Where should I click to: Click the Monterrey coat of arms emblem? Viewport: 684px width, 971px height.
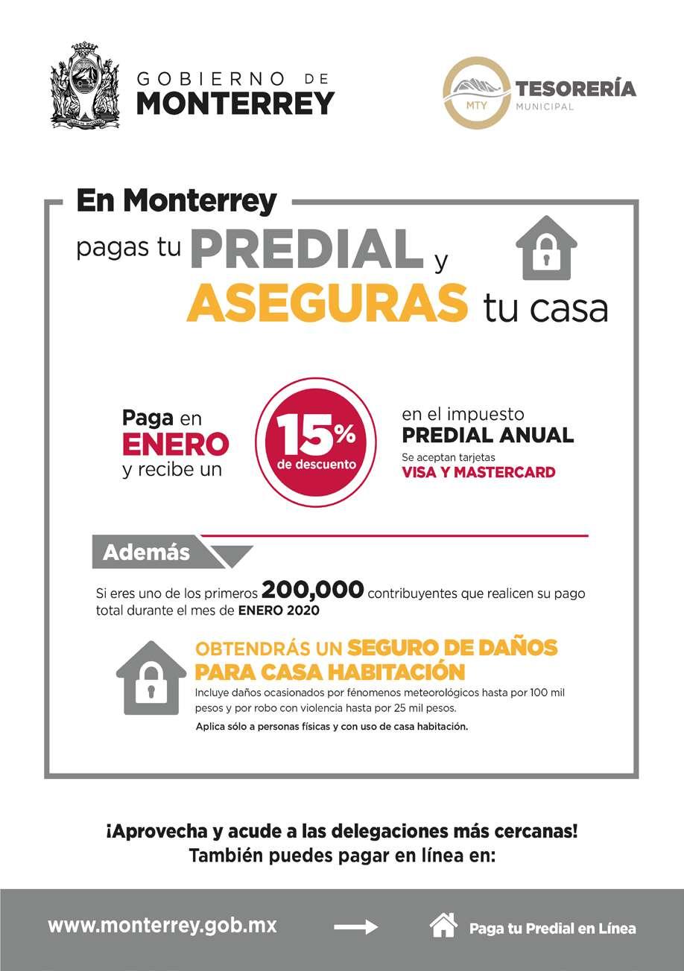click(86, 86)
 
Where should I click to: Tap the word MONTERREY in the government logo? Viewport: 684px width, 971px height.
click(235, 103)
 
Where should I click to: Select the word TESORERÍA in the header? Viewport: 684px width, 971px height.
click(576, 89)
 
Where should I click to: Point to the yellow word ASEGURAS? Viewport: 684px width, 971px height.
click(328, 302)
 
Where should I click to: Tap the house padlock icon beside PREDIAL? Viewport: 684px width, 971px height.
click(546, 248)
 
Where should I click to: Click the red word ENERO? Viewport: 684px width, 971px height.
click(176, 445)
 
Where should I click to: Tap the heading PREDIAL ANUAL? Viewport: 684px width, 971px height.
click(488, 435)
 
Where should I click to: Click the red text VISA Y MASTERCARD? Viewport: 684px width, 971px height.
click(478, 472)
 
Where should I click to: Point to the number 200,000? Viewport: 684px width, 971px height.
click(313, 591)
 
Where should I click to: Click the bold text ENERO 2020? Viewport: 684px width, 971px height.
click(279, 611)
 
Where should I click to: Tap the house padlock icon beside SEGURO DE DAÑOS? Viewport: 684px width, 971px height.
click(151, 678)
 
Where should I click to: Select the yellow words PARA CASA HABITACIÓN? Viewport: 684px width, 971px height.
click(329, 672)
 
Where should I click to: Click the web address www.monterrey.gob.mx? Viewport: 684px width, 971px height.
click(162, 926)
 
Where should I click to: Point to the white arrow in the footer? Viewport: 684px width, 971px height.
click(356, 927)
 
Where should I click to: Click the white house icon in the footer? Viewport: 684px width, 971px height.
click(443, 925)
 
